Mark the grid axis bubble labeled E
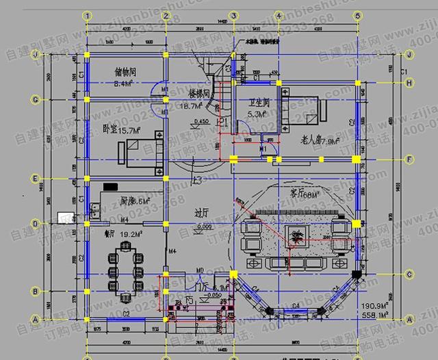36,179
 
